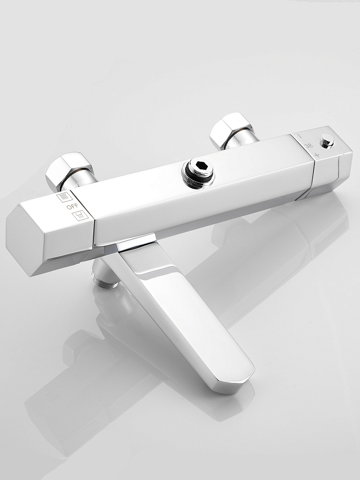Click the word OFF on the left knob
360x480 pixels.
[x=72, y=206]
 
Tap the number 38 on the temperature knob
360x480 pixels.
[x=309, y=146]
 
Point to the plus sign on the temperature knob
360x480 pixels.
[x=317, y=155]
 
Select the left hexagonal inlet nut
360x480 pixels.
[x=70, y=170]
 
